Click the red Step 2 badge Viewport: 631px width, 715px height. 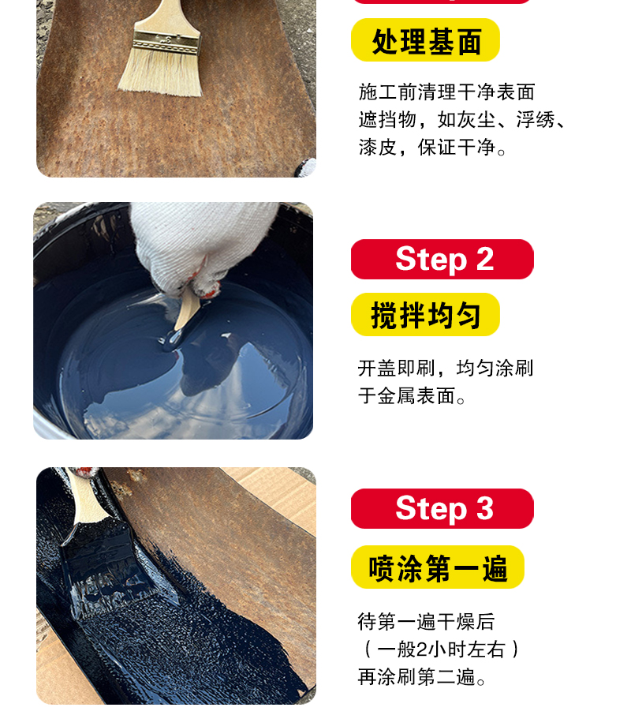(x=442, y=259)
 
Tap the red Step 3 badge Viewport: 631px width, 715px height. (x=442, y=508)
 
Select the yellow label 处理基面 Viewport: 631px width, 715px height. (x=425, y=40)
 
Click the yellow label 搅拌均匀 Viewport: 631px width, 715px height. (x=425, y=315)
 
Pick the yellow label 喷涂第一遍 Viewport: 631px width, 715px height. (x=438, y=567)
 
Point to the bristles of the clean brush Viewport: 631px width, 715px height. (x=160, y=72)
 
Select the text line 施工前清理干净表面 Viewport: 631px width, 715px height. (x=446, y=92)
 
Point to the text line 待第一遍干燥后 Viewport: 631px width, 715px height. (x=426, y=622)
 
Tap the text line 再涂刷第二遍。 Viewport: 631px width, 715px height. (x=421, y=676)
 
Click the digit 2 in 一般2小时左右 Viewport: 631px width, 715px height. (x=422, y=649)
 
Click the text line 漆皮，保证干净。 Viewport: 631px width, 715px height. (x=432, y=148)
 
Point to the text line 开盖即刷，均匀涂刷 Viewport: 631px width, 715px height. (x=446, y=368)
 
